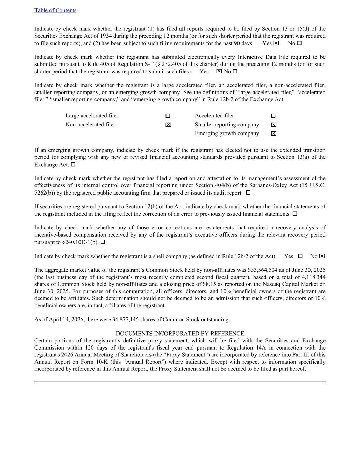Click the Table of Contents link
55,10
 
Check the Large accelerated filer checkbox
168,116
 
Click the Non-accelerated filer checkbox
168,125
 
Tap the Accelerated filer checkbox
273,116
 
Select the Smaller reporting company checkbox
274,125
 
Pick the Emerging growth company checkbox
274,134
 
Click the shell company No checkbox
322,256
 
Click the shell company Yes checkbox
300,256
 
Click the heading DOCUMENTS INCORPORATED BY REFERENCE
180,334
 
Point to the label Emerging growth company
227,133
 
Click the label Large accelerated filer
92,116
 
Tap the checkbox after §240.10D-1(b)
103,242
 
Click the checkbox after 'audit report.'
248,193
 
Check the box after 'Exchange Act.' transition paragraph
73,165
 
